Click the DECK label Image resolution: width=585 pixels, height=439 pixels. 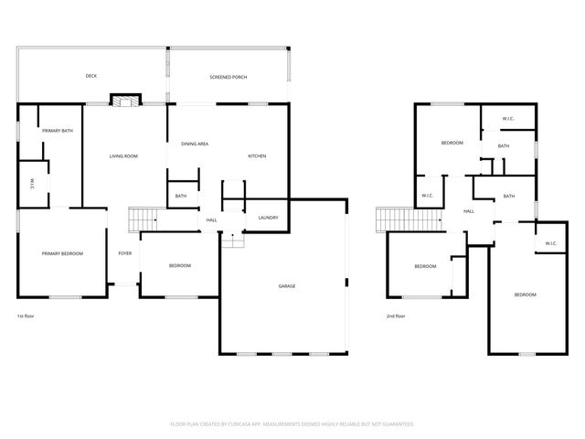coord(91,76)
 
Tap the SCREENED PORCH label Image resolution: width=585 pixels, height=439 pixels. coord(228,77)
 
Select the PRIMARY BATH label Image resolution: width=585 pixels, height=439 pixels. coord(58,131)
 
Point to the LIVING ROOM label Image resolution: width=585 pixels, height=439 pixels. coord(123,156)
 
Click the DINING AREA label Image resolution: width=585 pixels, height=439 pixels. coord(195,144)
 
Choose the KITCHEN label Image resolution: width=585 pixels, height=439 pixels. coord(257,156)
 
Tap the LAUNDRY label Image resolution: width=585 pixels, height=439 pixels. coord(268,217)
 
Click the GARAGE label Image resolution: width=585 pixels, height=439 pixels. coord(287,286)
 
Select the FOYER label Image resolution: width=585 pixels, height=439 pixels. coord(124,253)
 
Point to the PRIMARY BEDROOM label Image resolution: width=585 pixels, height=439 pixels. coord(62,253)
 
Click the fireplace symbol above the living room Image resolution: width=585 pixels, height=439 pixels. coord(125,100)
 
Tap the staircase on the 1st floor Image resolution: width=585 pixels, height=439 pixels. coord(142,219)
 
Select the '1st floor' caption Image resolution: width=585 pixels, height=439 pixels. coord(26,316)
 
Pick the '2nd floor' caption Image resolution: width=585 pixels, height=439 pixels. coord(396,316)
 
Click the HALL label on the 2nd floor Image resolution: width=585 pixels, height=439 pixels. coord(468,211)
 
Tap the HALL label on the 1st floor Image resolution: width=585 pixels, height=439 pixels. coord(211,219)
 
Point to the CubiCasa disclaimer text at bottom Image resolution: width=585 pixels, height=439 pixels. coord(292,423)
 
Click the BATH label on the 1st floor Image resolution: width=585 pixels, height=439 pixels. coord(181,196)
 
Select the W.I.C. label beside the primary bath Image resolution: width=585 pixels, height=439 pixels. coord(31,182)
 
